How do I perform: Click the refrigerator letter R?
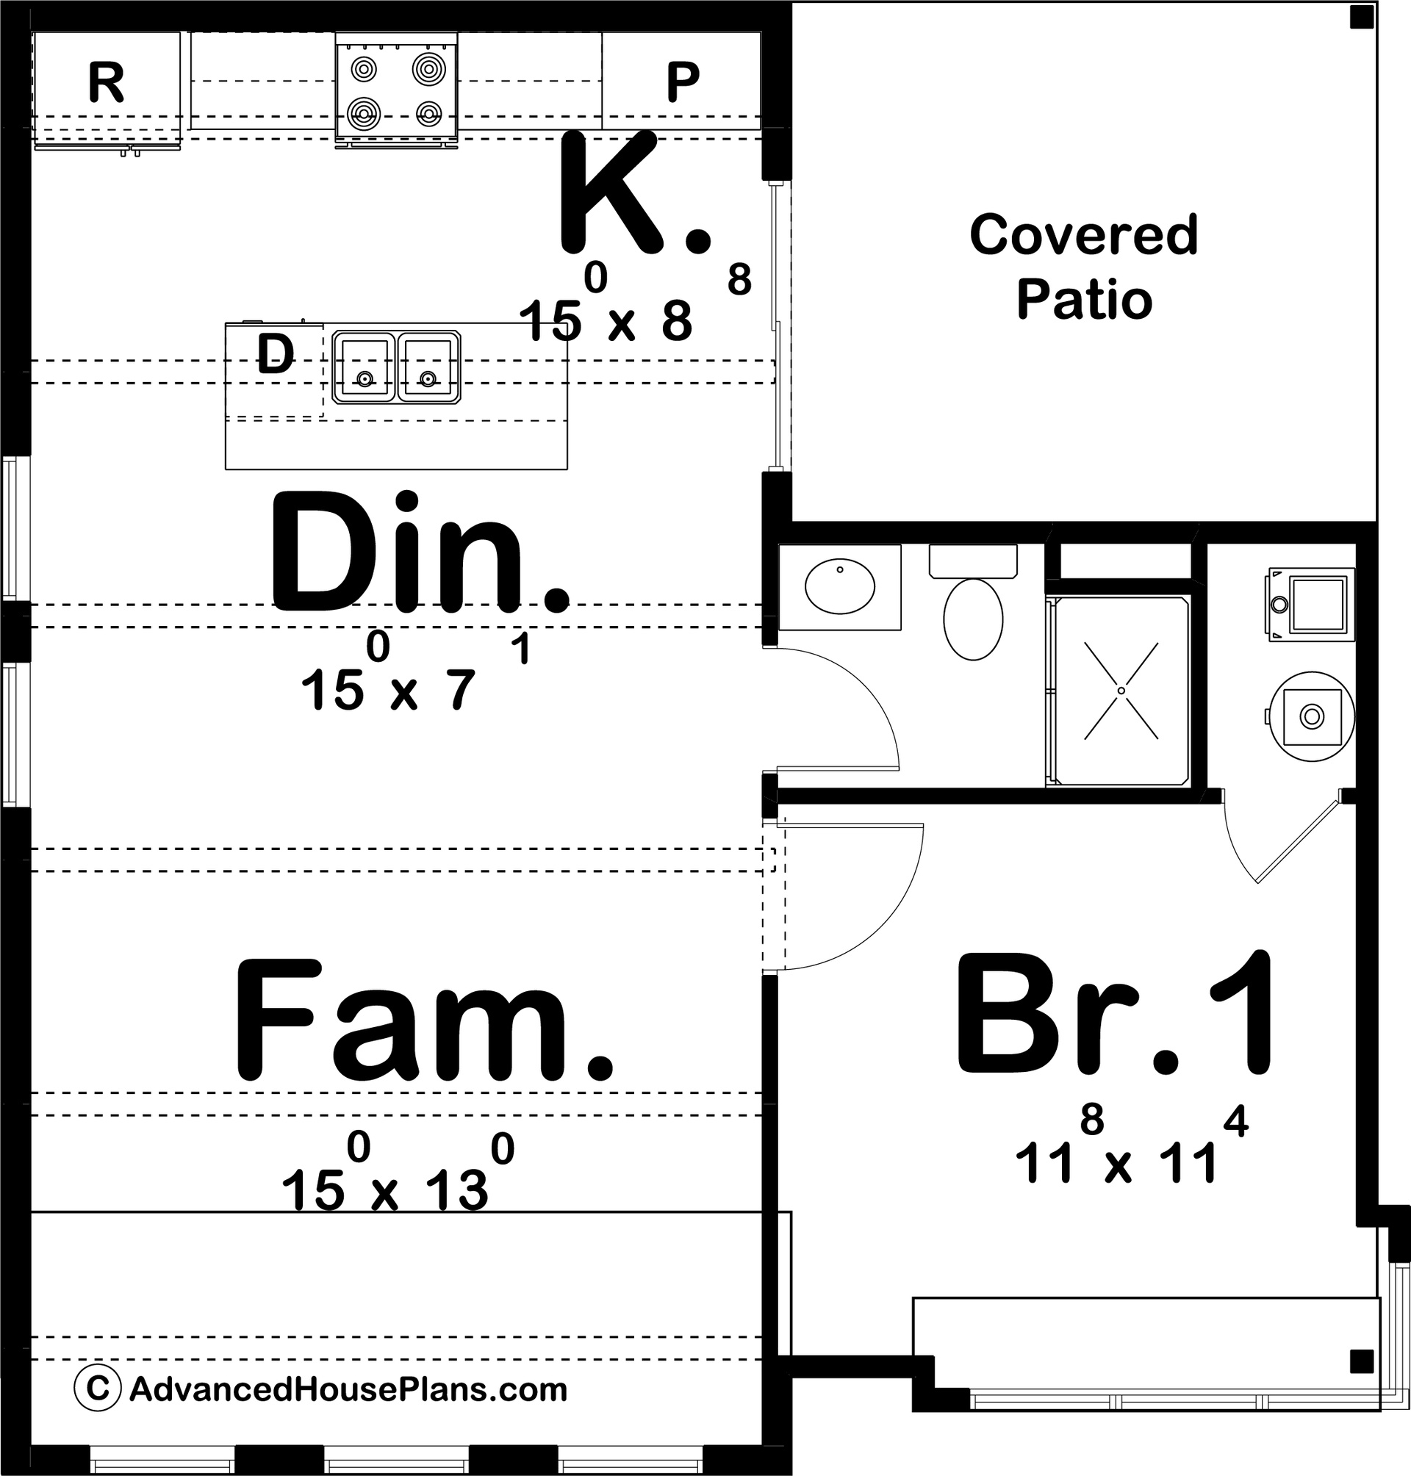tap(106, 82)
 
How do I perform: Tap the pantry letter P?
tap(683, 82)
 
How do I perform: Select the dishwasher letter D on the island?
tap(276, 354)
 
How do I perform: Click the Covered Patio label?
tap(1084, 266)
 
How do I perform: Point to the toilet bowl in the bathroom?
tap(972, 619)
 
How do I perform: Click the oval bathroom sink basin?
tap(839, 586)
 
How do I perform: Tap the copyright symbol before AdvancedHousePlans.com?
tap(97, 1388)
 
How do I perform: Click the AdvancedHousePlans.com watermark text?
tap(348, 1389)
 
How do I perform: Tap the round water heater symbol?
tap(1312, 716)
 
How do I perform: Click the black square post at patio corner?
tap(1361, 17)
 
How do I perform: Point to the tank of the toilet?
tap(972, 560)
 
